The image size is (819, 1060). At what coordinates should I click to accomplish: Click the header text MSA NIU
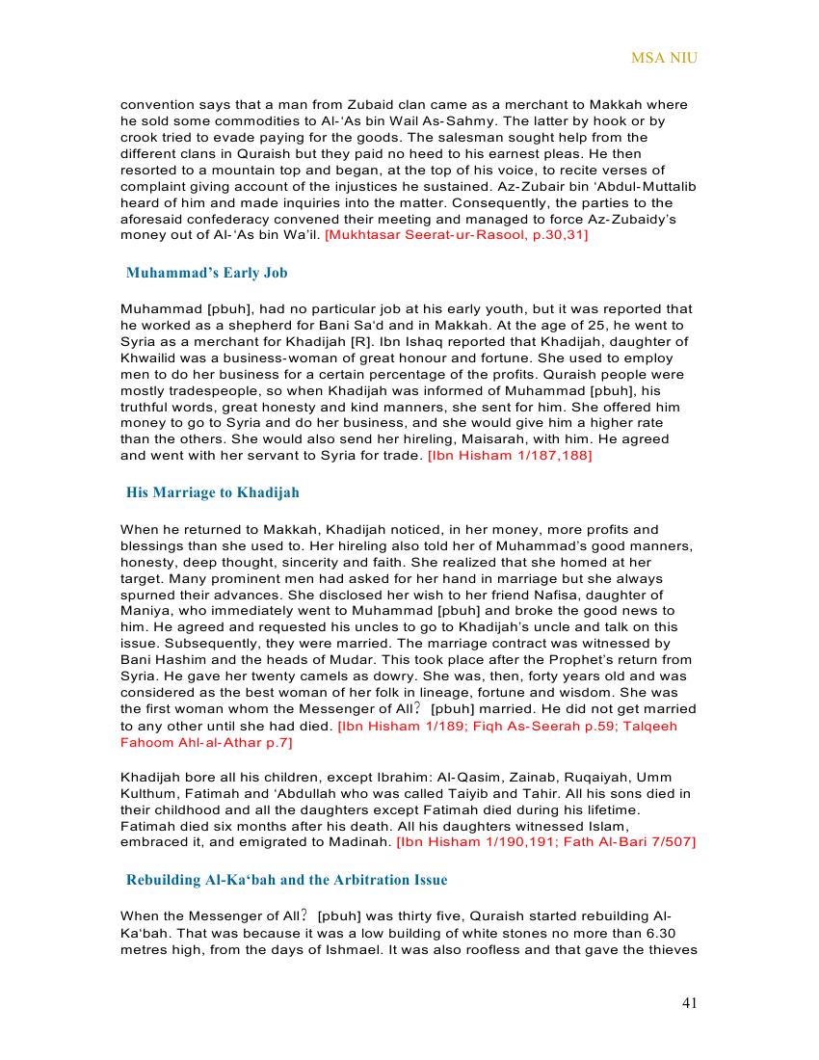tap(664, 58)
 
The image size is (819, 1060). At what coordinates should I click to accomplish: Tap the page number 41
tap(689, 1003)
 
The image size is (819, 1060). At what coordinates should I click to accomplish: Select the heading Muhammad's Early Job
tap(207, 273)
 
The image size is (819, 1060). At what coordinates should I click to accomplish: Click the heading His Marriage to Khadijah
tap(213, 492)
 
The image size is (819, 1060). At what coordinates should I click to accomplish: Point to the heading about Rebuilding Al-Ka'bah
tap(286, 880)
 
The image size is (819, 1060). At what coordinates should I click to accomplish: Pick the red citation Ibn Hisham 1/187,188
tap(510, 455)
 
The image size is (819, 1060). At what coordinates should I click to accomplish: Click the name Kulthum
tap(146, 793)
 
